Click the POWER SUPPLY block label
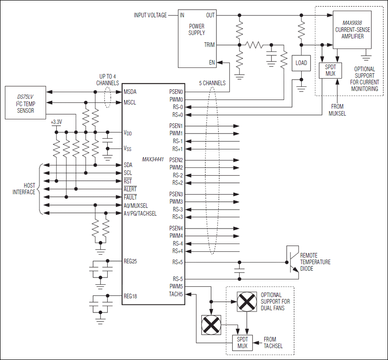(196, 30)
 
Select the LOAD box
(302, 63)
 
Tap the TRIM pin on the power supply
(210, 45)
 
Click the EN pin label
(212, 63)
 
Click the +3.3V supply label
(57, 122)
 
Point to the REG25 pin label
(131, 262)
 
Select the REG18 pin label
(131, 296)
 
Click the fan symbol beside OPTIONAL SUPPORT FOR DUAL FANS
(246, 302)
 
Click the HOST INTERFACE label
(23, 189)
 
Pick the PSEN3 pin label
(176, 194)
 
